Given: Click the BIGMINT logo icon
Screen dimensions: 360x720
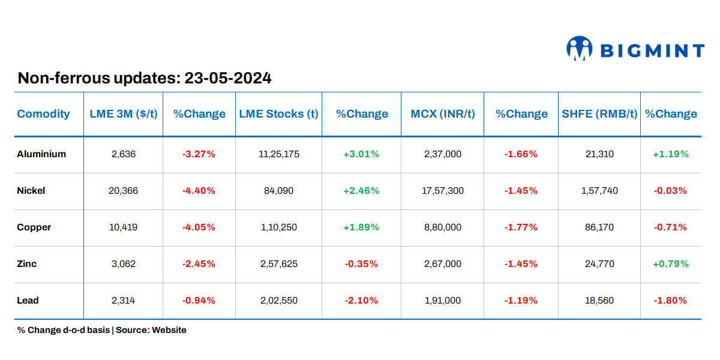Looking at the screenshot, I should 579,49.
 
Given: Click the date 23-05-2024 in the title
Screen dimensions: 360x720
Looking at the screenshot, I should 228,78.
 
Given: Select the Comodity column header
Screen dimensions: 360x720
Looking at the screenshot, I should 43,113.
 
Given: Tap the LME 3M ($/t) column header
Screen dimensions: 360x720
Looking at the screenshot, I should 123,113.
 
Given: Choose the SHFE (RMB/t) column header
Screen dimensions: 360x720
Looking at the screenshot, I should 599,113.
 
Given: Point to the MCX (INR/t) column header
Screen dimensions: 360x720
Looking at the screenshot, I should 442,113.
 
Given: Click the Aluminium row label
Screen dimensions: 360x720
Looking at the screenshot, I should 41,154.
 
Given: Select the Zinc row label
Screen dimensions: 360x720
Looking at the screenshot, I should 27,264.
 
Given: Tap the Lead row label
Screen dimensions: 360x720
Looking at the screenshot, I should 28,301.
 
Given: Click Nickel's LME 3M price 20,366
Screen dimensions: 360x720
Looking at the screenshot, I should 124,191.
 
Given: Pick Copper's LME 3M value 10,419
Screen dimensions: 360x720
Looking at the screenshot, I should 124,227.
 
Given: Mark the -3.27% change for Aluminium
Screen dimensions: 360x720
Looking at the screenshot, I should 199,154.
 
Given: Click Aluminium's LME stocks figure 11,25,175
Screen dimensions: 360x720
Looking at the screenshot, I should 278,154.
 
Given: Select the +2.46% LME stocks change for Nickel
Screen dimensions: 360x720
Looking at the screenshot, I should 361,191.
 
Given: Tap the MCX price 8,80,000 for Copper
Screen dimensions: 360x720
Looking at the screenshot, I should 442,227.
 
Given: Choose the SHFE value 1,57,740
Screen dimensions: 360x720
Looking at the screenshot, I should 599,191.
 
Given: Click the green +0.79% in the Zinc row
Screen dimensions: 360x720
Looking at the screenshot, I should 671,264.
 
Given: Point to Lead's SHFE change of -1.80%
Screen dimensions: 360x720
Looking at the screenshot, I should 671,301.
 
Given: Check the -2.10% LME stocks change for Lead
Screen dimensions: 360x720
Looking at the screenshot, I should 361,301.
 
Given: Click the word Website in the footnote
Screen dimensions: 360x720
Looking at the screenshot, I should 169,330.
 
